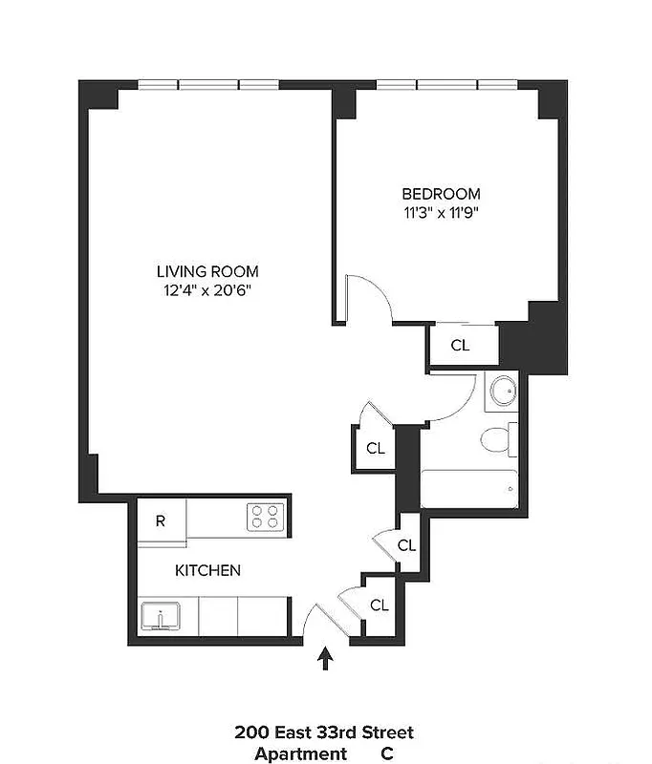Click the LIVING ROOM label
tap(207, 271)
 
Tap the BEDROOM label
tap(441, 193)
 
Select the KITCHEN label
tap(207, 570)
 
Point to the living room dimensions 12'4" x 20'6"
tap(207, 290)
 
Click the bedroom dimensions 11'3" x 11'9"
tap(441, 212)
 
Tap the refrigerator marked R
tap(161, 521)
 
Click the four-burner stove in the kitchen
tap(267, 518)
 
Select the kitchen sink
tap(162, 615)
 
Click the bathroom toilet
tap(497, 439)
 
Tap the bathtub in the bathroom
tap(469, 488)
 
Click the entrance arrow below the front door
tap(326, 658)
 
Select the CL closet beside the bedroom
tap(460, 346)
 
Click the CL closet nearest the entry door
tap(379, 605)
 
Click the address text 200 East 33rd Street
tap(324, 732)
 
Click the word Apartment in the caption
tap(300, 753)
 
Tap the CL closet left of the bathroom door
tap(376, 448)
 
